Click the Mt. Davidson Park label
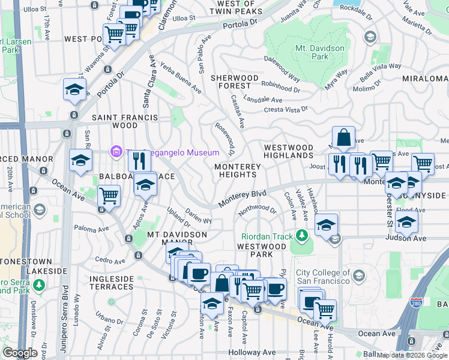click(320, 52)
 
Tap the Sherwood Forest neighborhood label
click(234, 82)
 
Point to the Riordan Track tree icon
click(303, 233)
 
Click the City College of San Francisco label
click(323, 277)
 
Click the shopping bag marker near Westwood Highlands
click(343, 138)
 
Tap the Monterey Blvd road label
click(241, 199)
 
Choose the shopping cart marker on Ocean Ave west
click(109, 196)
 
